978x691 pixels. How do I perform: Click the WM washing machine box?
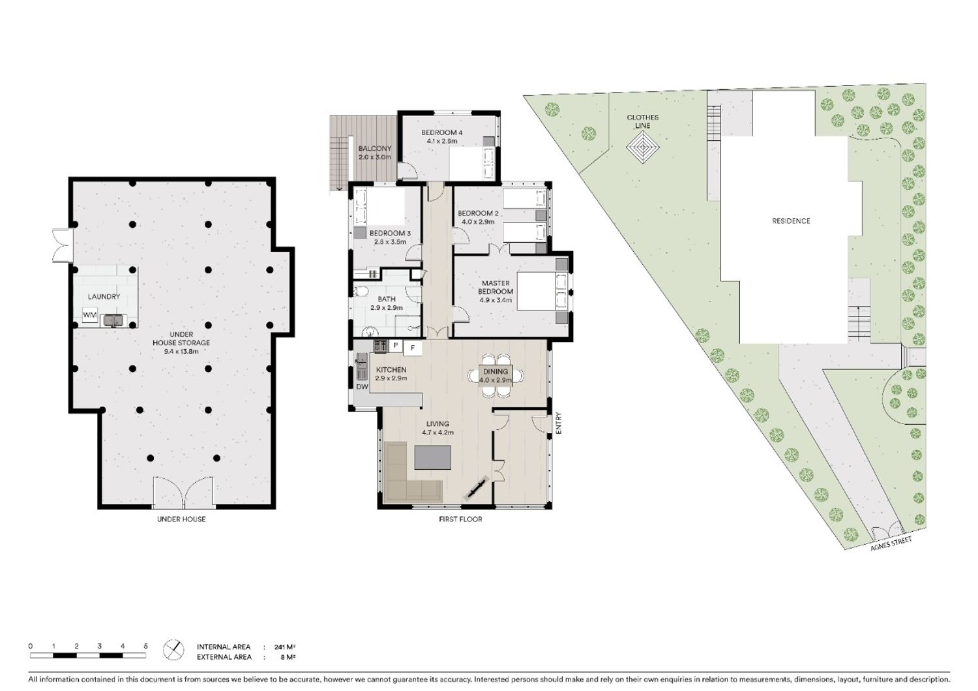[x=90, y=315]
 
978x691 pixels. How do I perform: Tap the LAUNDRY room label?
[x=104, y=297]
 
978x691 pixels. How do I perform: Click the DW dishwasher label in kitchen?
[x=362, y=387]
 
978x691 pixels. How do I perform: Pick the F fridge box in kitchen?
[x=412, y=348]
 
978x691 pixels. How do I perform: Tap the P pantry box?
[x=396, y=346]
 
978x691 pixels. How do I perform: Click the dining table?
[x=496, y=375]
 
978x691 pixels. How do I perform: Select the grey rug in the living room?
[x=433, y=457]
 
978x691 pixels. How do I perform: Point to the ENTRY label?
[x=558, y=423]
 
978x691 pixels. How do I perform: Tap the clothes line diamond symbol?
[x=643, y=147]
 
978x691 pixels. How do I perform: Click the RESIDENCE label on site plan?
[x=791, y=221]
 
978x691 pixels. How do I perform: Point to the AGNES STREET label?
[x=891, y=544]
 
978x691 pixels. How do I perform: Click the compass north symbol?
[x=173, y=650]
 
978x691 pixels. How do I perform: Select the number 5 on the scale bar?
[x=146, y=646]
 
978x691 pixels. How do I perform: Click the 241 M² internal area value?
[x=285, y=647]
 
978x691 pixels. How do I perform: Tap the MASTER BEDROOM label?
[x=496, y=288]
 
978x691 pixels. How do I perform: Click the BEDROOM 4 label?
[x=442, y=132]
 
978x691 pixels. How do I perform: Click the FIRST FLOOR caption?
[x=460, y=519]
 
